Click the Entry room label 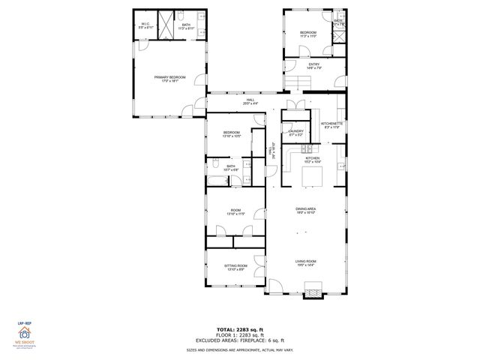pos(314,65)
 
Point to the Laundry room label pos(295,132)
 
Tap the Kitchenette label pos(331,124)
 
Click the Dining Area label pos(305,210)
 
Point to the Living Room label pos(305,262)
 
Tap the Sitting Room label pos(235,266)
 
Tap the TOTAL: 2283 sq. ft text pos(240,328)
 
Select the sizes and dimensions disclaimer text pos(240,349)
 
